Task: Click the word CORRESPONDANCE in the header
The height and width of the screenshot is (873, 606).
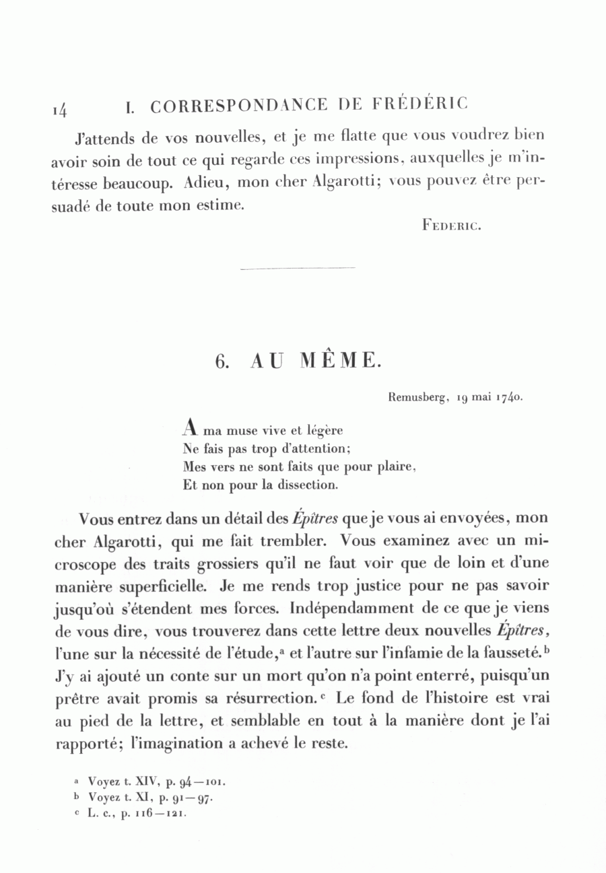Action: coord(239,106)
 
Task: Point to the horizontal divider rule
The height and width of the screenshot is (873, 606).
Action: coord(297,269)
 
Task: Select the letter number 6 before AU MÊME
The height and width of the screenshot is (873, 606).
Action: coord(222,361)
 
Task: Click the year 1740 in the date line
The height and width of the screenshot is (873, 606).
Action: coord(510,397)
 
